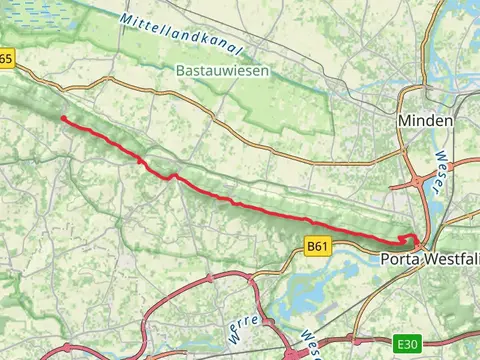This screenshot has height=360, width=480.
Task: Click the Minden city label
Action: pyautogui.click(x=425, y=120)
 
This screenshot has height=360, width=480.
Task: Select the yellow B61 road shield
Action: pyautogui.click(x=317, y=246)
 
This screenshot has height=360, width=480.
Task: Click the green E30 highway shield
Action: pyautogui.click(x=406, y=344)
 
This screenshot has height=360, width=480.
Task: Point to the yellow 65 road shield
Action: pyautogui.click(x=7, y=60)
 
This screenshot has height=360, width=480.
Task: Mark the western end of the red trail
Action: pyautogui.click(x=63, y=118)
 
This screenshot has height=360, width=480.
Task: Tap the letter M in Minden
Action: pyautogui.click(x=404, y=120)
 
